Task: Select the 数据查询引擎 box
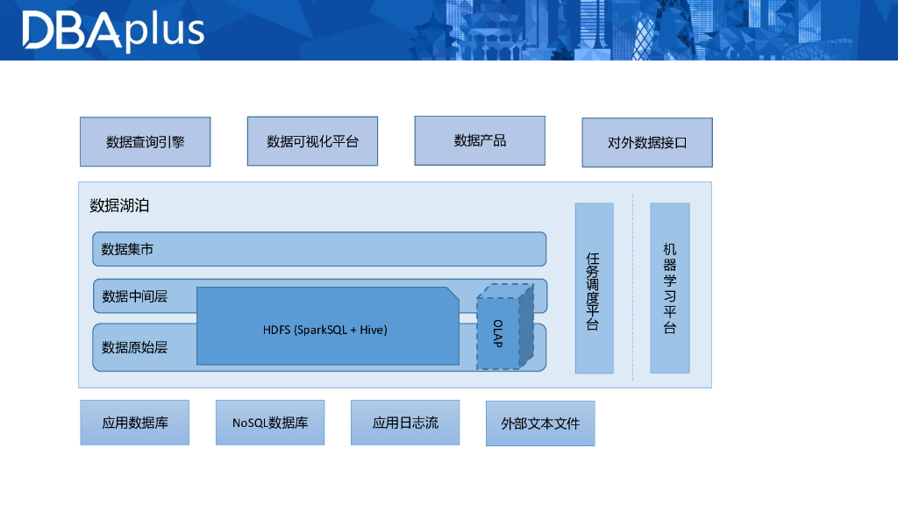(145, 142)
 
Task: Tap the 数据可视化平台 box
(312, 141)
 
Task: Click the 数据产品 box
(480, 140)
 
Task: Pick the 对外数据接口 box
(647, 143)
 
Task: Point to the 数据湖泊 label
(119, 206)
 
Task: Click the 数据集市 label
(128, 250)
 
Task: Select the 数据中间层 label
(134, 296)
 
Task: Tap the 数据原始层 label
(134, 347)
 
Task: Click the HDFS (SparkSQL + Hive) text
(324, 331)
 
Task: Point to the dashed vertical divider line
(632, 289)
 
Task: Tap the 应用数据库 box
(134, 423)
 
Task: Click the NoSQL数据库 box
(270, 423)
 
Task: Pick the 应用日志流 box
(405, 423)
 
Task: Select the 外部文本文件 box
(540, 423)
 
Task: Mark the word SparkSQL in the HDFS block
(324, 331)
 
